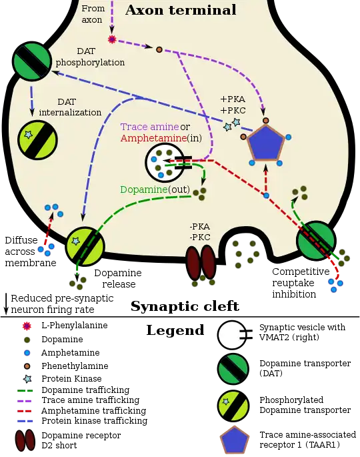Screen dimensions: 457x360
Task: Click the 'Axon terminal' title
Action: (x=181, y=10)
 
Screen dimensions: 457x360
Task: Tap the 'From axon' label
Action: (x=93, y=14)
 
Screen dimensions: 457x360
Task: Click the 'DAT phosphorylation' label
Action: (x=90, y=57)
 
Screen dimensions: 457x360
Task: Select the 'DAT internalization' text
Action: (x=70, y=107)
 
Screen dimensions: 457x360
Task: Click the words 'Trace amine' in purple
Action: (x=149, y=127)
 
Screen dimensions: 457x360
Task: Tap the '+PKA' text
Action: (x=232, y=99)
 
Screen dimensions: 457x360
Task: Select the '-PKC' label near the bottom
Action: (x=200, y=238)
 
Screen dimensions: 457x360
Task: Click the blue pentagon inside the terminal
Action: (x=266, y=142)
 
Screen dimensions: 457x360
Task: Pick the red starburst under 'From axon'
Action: (x=112, y=39)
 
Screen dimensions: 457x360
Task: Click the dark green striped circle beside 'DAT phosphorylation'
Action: (x=32, y=61)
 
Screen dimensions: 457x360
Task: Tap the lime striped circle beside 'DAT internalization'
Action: (x=37, y=140)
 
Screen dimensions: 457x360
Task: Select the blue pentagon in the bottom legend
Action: (x=233, y=441)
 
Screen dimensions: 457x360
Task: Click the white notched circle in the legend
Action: (x=233, y=336)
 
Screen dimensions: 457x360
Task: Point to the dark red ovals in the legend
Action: (x=27, y=442)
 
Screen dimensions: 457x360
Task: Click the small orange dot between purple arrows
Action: (x=159, y=49)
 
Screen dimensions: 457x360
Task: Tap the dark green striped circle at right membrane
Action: (x=315, y=241)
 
